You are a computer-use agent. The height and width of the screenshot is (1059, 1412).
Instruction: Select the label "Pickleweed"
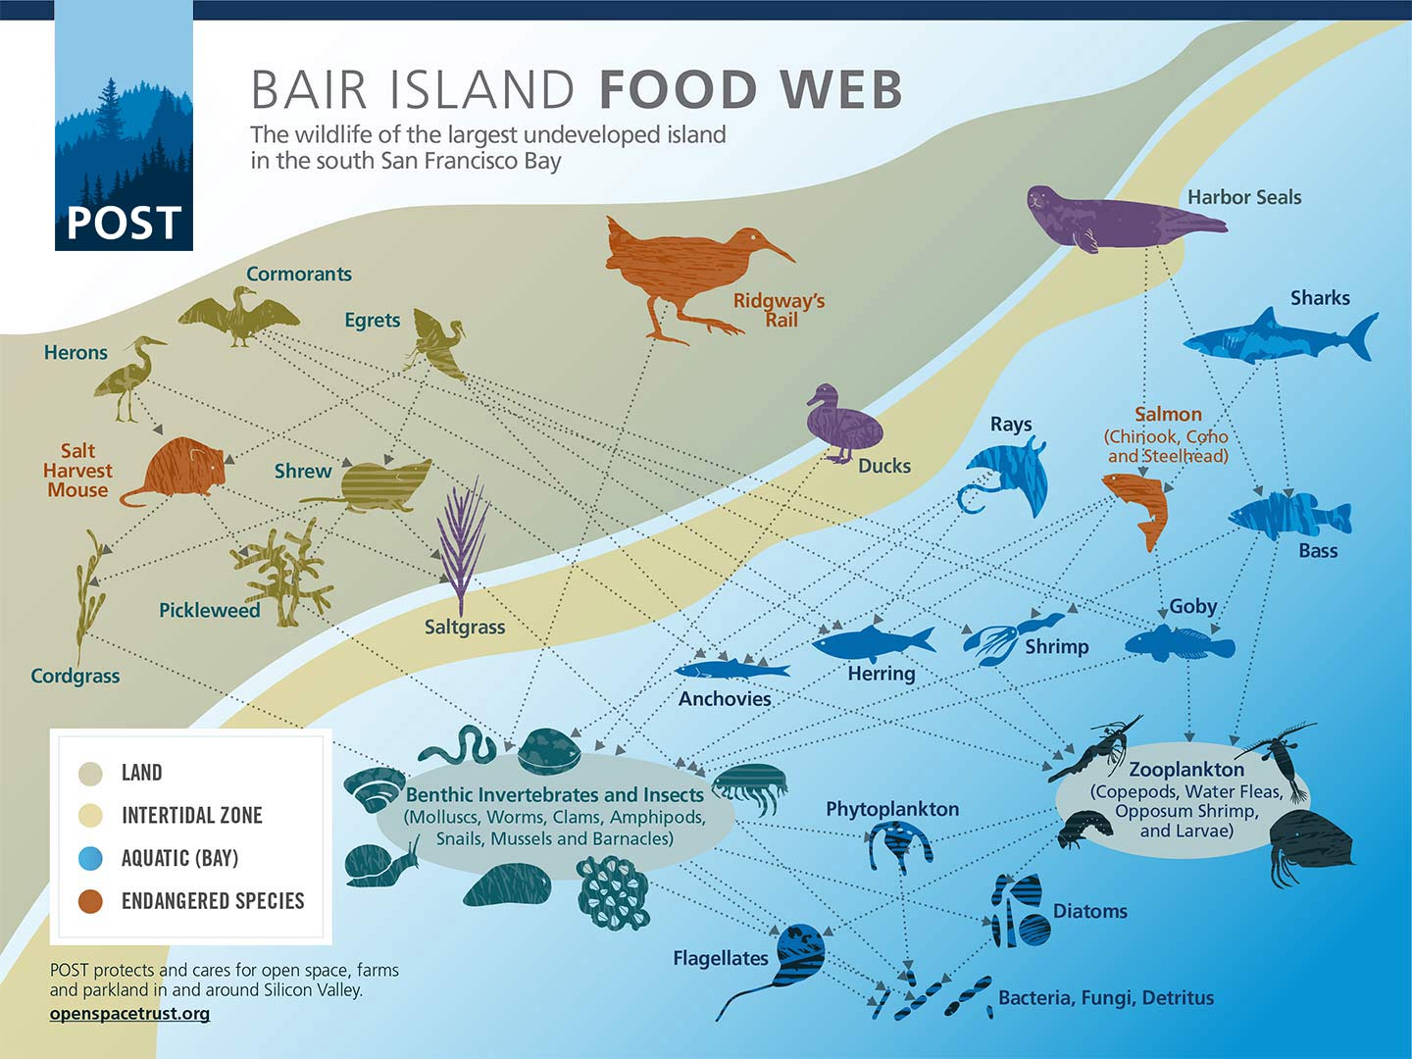210,610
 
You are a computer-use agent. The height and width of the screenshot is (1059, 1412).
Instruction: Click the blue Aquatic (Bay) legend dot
90,858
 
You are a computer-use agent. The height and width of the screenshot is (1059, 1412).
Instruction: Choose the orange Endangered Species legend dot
90,901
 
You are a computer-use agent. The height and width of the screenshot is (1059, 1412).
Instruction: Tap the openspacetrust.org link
129,1013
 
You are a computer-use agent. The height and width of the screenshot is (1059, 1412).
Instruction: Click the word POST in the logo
124,223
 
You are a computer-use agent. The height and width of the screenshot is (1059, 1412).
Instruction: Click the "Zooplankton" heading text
1185,770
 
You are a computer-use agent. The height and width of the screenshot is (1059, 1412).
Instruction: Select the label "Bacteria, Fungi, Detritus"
1106,997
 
